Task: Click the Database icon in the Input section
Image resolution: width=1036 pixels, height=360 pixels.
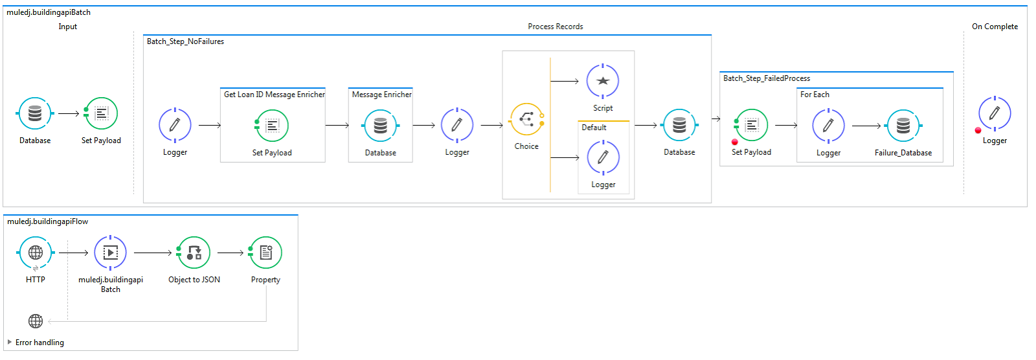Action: pyautogui.click(x=35, y=114)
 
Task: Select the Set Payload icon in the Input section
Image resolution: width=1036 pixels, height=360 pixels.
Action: pyautogui.click(x=101, y=114)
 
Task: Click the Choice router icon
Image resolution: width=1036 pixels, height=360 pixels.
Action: pyautogui.click(x=526, y=119)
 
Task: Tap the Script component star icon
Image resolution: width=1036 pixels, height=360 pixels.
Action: pyautogui.click(x=603, y=81)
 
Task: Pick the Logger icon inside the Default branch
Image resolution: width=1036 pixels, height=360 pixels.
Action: pyautogui.click(x=603, y=157)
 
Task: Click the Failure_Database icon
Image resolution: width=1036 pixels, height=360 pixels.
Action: pyautogui.click(x=903, y=125)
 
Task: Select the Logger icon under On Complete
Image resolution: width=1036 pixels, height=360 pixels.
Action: pyautogui.click(x=995, y=113)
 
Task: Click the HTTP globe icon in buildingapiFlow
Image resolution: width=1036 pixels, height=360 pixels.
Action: pyautogui.click(x=36, y=253)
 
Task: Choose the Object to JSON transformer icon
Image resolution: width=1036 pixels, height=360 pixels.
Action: pyautogui.click(x=194, y=253)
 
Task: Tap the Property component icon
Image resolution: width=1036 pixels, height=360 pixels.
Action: pyautogui.click(x=265, y=253)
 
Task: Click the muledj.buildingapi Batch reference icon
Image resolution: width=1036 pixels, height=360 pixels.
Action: pyautogui.click(x=111, y=253)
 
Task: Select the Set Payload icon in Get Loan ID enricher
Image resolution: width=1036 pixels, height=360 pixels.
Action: pyautogui.click(x=272, y=126)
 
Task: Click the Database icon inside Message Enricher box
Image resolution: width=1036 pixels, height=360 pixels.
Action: pyautogui.click(x=381, y=126)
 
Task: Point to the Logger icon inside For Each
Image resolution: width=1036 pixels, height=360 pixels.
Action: pyautogui.click(x=828, y=125)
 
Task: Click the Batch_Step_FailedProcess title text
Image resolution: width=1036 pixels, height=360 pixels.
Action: pyautogui.click(x=767, y=78)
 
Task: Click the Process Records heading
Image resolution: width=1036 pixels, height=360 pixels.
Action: pyautogui.click(x=555, y=27)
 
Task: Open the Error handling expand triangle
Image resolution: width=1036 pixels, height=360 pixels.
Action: pyautogui.click(x=10, y=342)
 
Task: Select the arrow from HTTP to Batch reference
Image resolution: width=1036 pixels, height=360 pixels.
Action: pyautogui.click(x=73, y=253)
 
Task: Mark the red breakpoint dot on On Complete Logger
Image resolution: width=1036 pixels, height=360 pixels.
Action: pyautogui.click(x=978, y=130)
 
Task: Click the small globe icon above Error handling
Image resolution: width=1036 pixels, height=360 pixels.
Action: pyautogui.click(x=36, y=321)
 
